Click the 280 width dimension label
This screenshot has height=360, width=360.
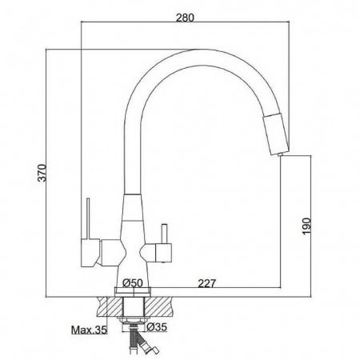(x=185, y=18)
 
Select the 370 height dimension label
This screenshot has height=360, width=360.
(x=42, y=173)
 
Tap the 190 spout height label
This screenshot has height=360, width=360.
(x=306, y=226)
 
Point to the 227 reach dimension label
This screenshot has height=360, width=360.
(x=206, y=283)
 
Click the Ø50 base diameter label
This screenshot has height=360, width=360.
(x=133, y=282)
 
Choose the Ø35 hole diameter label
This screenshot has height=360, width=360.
(x=157, y=326)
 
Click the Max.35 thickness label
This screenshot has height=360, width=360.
(x=89, y=330)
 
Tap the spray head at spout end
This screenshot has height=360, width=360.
(x=276, y=134)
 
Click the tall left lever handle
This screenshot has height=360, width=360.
(x=88, y=218)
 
